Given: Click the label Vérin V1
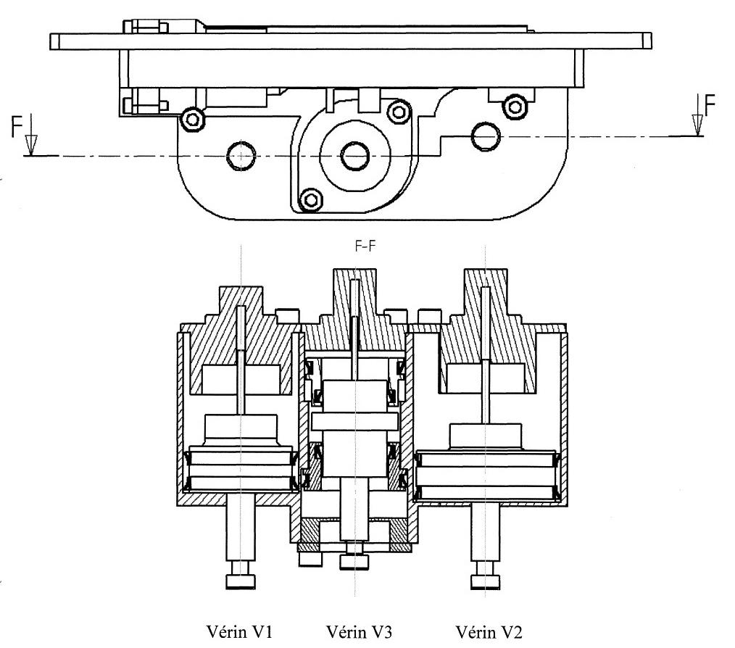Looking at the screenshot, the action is pos(239,631).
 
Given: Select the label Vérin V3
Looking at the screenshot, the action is pos(359,631).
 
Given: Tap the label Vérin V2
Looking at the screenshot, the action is pos(489,631).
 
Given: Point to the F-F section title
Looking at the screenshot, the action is pos(365,246).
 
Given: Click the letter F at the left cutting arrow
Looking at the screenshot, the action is pos(17,128).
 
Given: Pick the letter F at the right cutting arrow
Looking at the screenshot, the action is pos(710,105).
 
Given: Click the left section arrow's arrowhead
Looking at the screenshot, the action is pos(31,145).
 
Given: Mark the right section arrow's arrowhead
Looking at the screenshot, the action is pos(697,125).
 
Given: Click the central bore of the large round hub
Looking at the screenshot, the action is pos(355,156).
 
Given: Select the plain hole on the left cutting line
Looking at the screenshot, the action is pos(241,156).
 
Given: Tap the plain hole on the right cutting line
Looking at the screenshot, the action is pos(486,136).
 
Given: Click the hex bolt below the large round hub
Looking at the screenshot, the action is pos(310,200).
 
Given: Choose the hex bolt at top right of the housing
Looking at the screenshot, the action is pos(515,107).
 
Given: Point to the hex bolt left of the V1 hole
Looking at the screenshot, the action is pos(193,119).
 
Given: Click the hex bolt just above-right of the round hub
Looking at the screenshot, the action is pos(399,112).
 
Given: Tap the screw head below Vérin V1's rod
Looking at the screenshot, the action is pos(241,581).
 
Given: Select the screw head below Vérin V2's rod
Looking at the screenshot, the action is pos(486,582).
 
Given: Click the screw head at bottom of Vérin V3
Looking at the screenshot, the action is pos(354,562).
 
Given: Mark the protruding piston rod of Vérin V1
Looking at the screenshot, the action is pos(241,533).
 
